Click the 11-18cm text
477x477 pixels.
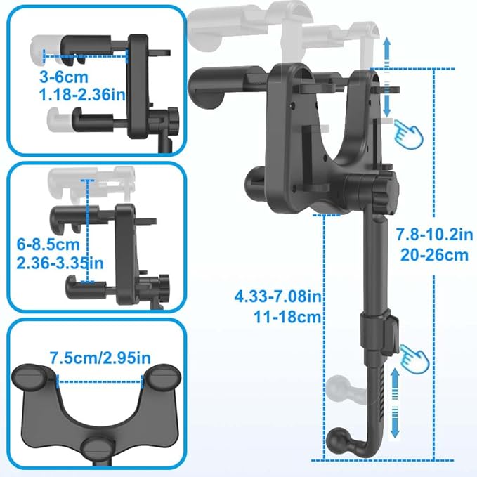290,316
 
